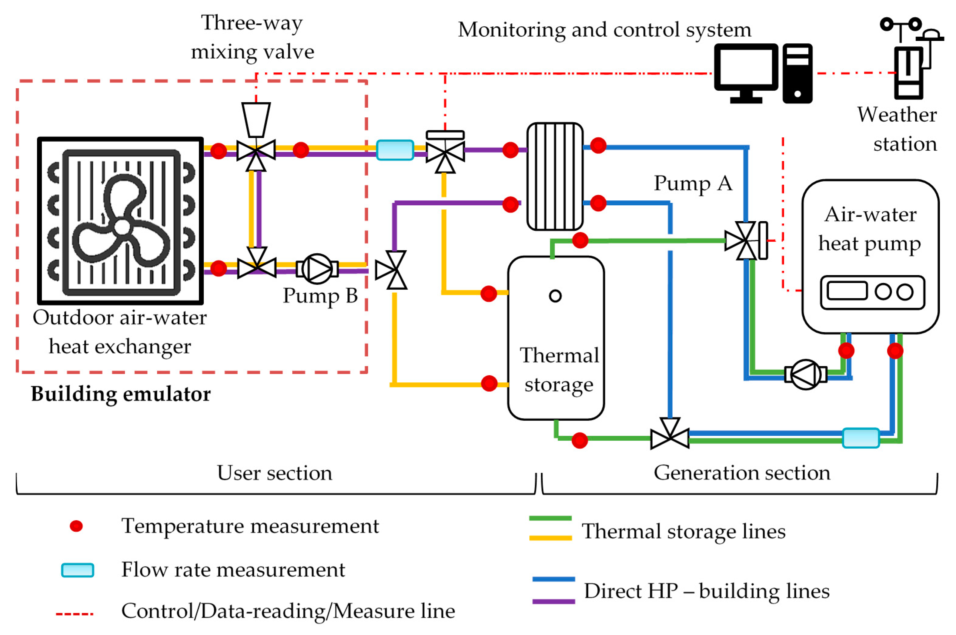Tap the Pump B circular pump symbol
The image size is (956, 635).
317,268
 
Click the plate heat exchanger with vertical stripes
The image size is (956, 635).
555,176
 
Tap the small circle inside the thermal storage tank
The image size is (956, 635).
555,296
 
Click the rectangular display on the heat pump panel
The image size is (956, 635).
847,291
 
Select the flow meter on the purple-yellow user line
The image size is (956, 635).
395,150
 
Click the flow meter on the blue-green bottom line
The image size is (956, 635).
861,438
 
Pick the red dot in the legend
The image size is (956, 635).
76,526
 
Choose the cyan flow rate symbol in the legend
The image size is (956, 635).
77,570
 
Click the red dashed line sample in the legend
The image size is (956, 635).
75,614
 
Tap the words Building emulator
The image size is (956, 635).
121,394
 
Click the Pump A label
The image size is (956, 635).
693,183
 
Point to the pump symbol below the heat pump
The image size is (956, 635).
805,375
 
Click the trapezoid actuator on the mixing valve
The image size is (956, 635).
256,119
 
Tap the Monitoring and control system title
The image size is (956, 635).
604,29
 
